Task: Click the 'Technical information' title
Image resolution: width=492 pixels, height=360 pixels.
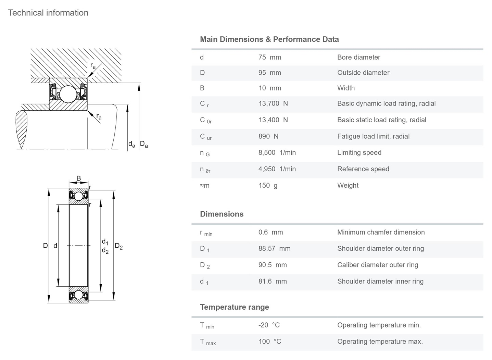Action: point(48,13)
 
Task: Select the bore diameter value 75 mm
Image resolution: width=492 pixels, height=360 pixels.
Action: point(269,57)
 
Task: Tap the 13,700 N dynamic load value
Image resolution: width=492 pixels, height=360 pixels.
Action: point(273,103)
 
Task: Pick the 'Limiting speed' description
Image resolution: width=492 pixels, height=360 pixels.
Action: point(359,152)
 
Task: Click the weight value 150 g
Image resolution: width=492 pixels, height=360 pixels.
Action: point(268,185)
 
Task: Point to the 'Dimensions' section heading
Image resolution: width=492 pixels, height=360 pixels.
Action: point(222,214)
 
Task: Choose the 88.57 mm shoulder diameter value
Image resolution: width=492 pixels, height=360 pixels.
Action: point(274,248)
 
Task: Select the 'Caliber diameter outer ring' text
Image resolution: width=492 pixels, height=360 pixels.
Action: point(377,265)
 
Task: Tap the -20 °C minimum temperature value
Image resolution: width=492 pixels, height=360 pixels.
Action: point(269,325)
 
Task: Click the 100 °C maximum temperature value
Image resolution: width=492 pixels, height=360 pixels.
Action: point(269,342)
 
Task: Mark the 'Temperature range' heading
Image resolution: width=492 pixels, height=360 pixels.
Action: point(234,307)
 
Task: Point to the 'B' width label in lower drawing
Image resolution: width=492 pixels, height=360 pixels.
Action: point(78,178)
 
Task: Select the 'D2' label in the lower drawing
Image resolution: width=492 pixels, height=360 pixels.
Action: point(118,246)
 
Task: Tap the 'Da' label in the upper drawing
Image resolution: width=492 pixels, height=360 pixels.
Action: point(144,144)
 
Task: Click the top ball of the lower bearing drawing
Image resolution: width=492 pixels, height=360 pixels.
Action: point(79,196)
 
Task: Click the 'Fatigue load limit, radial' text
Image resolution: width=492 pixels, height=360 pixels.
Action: point(373,136)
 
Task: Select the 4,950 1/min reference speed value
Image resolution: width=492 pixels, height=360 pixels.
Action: point(277,169)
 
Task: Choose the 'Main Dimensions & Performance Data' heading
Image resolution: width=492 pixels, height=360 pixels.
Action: point(269,39)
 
